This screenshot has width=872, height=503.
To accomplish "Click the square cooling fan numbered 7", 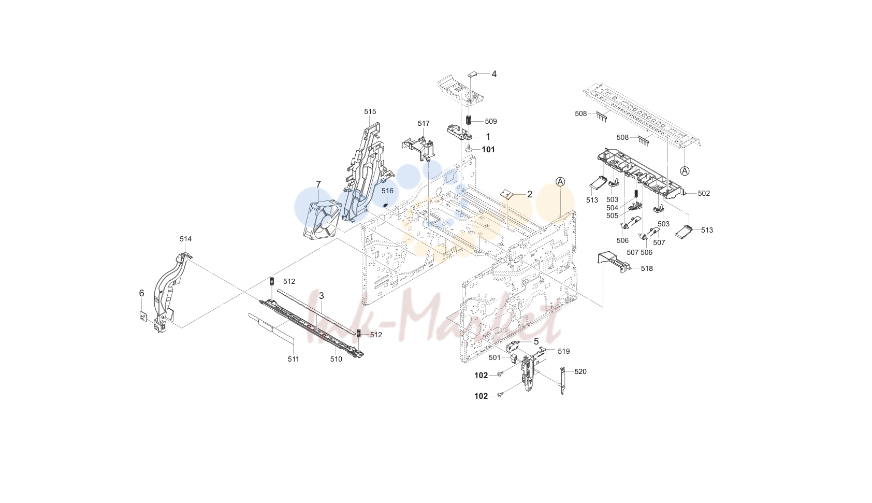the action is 322,221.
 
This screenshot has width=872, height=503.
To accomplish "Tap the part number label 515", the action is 370,112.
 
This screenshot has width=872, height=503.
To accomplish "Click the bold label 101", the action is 488,150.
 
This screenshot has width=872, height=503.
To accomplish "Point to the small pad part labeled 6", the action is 143,316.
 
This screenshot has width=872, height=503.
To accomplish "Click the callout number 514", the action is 185,239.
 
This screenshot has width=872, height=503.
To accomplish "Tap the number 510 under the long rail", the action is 336,360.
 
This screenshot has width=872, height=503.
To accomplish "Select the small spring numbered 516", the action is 385,205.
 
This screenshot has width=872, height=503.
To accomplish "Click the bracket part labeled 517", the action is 418,148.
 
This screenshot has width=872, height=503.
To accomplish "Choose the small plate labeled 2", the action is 507,194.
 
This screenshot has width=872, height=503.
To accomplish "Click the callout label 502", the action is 703,194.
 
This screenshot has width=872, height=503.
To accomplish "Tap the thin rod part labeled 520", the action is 562,381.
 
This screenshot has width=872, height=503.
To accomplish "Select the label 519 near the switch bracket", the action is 563,352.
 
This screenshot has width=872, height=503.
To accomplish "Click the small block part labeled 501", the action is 513,358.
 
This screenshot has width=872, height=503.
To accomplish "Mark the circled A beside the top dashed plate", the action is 685,170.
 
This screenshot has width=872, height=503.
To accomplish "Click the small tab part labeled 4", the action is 472,74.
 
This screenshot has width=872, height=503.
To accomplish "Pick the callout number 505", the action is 612,215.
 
